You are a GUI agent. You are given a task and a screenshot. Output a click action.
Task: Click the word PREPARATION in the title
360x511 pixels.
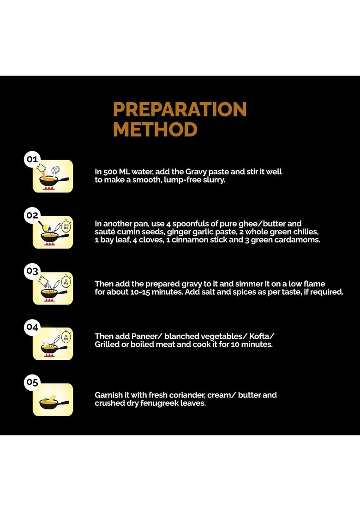[180, 109]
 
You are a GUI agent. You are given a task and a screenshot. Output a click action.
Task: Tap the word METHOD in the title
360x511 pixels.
[155, 130]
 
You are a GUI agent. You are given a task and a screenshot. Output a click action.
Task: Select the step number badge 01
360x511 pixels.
[32, 160]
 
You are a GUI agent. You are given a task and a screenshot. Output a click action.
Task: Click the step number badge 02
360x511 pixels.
[32, 215]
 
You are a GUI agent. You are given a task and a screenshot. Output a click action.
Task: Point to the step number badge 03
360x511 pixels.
[32, 271]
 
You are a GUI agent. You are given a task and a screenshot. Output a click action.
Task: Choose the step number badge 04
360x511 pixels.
[32, 327]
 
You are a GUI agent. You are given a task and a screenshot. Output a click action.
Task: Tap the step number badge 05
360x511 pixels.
[32, 382]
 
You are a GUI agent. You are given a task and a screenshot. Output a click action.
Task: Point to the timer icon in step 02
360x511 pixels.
[66, 226]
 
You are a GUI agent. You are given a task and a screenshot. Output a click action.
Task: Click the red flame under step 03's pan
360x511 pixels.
[49, 301]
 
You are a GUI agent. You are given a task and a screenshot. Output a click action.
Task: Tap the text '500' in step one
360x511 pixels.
[110, 172]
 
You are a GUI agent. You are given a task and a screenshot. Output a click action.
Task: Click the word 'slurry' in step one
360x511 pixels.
[213, 180]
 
